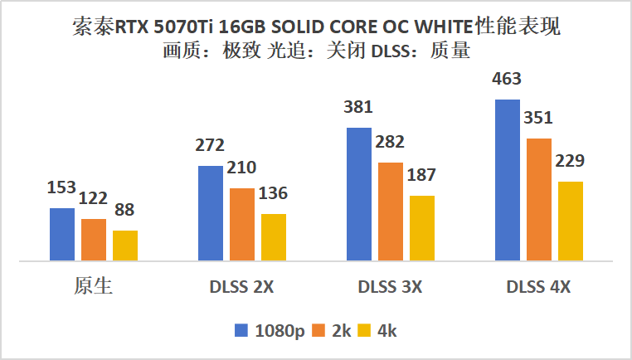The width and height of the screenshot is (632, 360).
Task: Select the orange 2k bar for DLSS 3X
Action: tap(391, 212)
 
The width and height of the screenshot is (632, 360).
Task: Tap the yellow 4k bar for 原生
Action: tap(125, 246)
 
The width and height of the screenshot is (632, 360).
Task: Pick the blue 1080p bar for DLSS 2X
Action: tap(211, 213)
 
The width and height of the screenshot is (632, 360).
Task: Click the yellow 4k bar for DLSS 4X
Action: tap(571, 221)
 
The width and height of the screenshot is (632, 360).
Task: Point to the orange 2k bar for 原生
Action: tap(94, 240)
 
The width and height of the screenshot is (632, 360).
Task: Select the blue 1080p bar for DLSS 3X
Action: tap(359, 194)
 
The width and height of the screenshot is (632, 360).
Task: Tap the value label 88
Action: tap(125, 212)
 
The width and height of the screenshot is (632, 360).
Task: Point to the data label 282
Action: tap(391, 143)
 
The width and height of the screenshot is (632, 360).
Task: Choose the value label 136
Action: tap(273, 194)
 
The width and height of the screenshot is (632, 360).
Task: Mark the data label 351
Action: tap(538, 117)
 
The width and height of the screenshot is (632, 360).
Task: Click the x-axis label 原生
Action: tap(93, 287)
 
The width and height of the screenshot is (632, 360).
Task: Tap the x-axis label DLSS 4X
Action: tap(538, 288)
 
